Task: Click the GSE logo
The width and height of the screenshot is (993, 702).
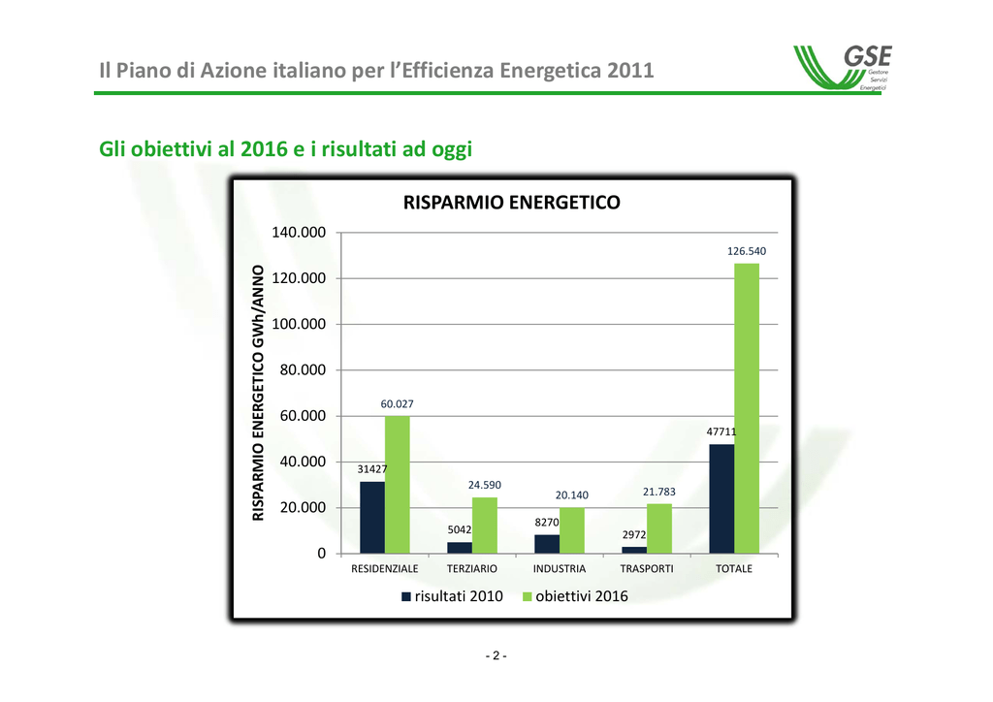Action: (843, 68)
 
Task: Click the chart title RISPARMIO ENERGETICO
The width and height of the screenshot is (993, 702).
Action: (512, 203)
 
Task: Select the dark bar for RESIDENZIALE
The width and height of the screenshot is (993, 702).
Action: (372, 517)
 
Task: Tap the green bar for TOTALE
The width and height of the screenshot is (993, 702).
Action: (747, 408)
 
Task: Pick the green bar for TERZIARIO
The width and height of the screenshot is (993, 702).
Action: (485, 526)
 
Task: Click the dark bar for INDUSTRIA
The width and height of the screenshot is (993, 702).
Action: (547, 544)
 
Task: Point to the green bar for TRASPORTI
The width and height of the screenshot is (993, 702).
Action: (659, 528)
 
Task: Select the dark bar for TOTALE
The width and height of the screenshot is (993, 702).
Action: (721, 498)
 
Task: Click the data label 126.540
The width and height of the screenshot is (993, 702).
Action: (747, 251)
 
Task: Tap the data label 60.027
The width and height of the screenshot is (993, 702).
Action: (397, 404)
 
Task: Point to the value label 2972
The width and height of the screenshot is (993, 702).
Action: (634, 535)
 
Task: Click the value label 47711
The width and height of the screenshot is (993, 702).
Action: (721, 431)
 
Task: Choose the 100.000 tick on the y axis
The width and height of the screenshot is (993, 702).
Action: (299, 324)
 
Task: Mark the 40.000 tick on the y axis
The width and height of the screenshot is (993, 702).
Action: (303, 462)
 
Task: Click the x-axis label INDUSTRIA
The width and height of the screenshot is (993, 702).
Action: (560, 568)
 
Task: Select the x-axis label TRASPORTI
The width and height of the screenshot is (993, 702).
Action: (647, 568)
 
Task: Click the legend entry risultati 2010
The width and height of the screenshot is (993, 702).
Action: (452, 596)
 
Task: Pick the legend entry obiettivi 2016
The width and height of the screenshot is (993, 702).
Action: (575, 596)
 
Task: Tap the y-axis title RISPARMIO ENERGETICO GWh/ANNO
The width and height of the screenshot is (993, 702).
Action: (258, 393)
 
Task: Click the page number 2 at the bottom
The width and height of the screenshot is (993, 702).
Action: (496, 655)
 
